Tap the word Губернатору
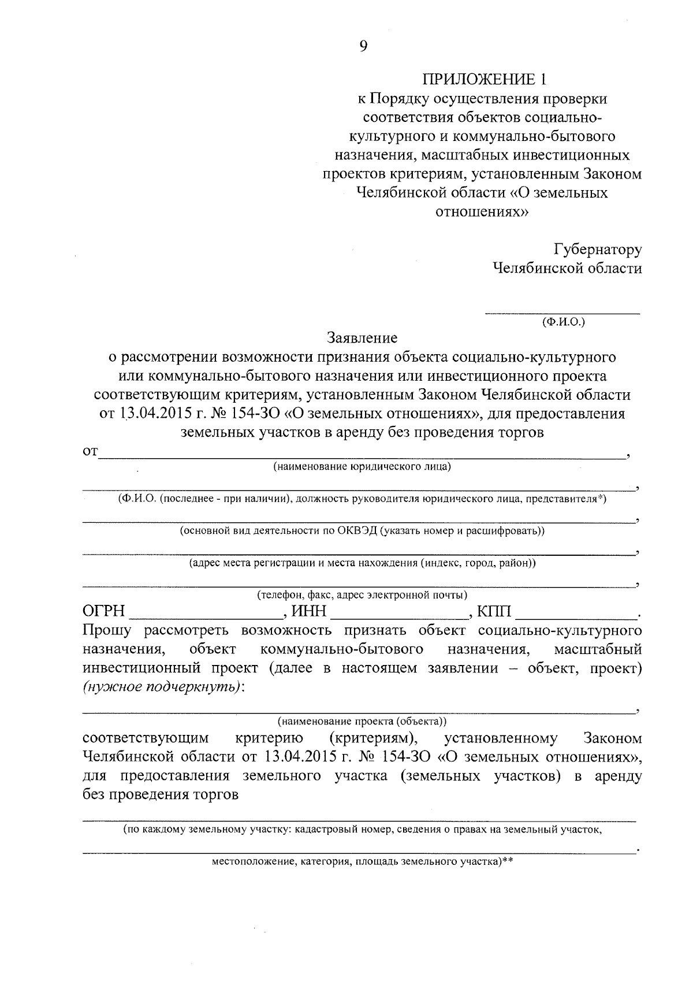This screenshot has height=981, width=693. [x=598, y=250]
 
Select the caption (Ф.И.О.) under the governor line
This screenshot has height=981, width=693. [x=563, y=322]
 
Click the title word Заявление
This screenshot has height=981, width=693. [x=362, y=337]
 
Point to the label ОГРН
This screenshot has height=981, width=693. [x=104, y=611]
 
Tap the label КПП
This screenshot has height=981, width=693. [x=494, y=611]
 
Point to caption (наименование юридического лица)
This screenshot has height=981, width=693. [x=362, y=467]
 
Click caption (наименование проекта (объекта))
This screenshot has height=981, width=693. [x=362, y=721]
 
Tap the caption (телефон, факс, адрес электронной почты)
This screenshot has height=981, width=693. [x=362, y=594]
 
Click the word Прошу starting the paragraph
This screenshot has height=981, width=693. [x=108, y=630]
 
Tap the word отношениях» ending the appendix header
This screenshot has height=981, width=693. [x=482, y=212]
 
